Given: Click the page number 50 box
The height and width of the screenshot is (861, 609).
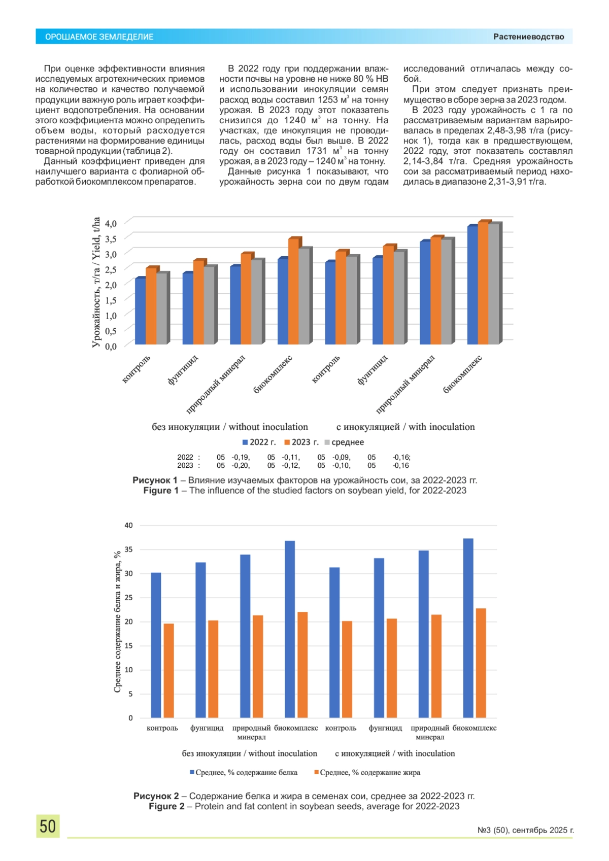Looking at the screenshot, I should pos(48,825).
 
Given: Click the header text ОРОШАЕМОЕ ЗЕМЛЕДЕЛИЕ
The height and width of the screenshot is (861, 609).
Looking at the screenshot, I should pos(99,37).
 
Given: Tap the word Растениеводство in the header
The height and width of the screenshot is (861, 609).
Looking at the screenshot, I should pos(528,37).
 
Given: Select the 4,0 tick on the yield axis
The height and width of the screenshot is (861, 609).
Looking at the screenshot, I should pos(111,223).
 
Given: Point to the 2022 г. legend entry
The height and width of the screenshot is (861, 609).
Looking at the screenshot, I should pos(259,442).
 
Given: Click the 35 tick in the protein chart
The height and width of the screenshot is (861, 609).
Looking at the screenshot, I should pos(129,549).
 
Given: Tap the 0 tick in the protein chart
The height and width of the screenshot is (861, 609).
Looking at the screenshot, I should pos(130,718).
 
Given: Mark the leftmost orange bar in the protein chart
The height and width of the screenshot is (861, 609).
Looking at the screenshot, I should pos(168,670).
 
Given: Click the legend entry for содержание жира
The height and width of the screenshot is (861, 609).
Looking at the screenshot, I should pos(367,772).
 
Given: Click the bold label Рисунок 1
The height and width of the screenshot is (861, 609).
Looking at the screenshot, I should pos(155,480).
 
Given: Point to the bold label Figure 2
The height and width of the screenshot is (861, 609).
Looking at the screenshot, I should pos(166,806).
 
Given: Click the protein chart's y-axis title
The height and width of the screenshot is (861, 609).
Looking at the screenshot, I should pos(117,622).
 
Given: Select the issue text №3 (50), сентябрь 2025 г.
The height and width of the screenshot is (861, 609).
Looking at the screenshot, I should pos(525,830).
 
